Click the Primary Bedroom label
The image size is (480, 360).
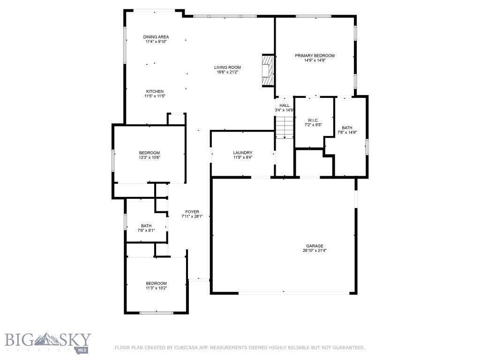(x=315, y=56)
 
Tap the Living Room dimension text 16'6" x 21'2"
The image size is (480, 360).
(x=228, y=72)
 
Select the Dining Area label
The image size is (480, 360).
(x=156, y=37)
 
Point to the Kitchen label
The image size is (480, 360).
(x=155, y=91)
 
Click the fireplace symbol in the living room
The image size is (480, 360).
(x=266, y=70)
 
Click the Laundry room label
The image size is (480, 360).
(x=243, y=153)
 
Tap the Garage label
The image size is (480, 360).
(x=315, y=246)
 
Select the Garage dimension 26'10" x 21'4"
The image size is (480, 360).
(x=315, y=251)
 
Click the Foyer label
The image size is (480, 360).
(x=193, y=211)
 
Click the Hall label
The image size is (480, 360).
(x=285, y=105)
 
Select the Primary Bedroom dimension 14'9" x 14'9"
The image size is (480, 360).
(x=315, y=60)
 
